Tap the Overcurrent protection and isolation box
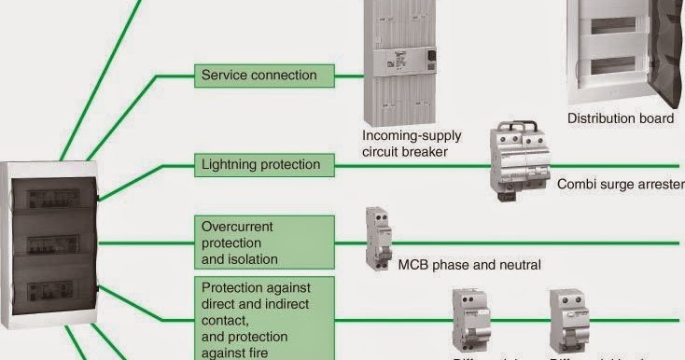point(264,242)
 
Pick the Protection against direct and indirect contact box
point(264,318)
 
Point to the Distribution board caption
point(621,118)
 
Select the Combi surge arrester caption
point(620,185)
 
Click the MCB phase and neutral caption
point(469,265)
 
